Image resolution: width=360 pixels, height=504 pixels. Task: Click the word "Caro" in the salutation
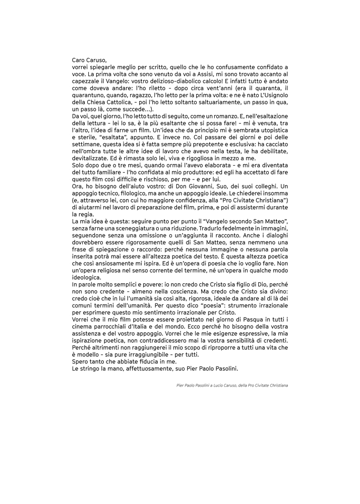pyautogui.click(x=80, y=60)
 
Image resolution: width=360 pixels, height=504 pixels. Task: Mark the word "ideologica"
pyautogui.click(x=87, y=277)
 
